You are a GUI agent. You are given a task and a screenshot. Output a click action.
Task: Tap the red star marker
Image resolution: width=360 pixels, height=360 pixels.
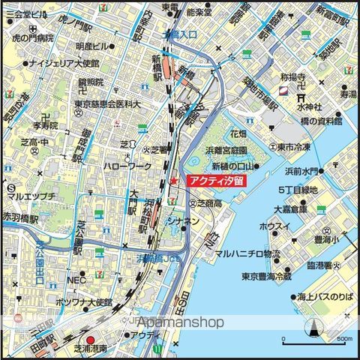click(x=173, y=181)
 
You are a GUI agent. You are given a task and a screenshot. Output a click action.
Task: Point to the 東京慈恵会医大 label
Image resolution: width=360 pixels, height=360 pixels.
click(x=107, y=106)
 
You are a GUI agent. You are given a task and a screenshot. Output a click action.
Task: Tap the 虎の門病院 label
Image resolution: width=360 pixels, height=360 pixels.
click(x=29, y=37)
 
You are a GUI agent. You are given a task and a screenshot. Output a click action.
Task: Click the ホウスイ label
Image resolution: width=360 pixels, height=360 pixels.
click(x=274, y=225)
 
